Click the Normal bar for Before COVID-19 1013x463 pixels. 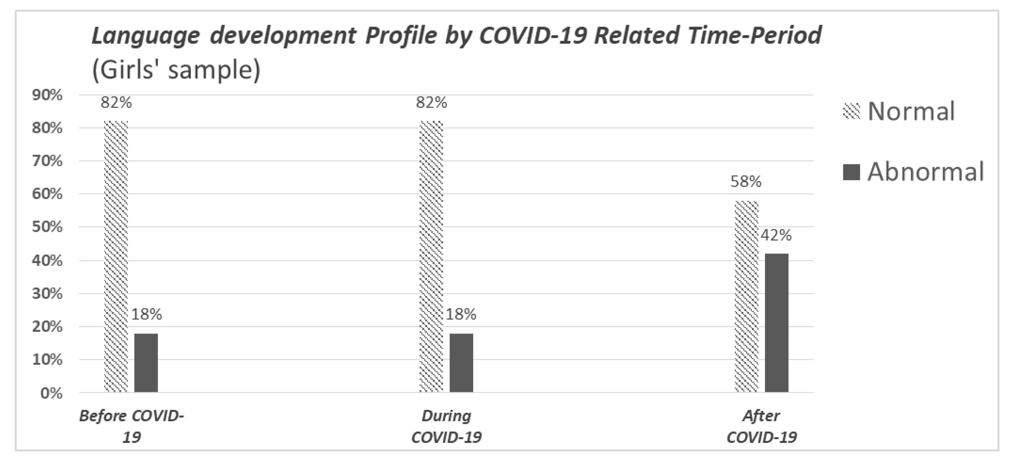tap(116, 256)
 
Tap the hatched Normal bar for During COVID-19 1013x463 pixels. tap(431, 256)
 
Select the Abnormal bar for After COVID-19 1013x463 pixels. tap(777, 323)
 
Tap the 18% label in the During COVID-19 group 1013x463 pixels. tap(461, 314)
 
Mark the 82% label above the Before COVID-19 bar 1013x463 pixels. tap(116, 103)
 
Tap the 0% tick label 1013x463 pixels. tap(51, 393)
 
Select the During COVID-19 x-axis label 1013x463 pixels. tap(446, 426)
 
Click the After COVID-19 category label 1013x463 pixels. tap(761, 426)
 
